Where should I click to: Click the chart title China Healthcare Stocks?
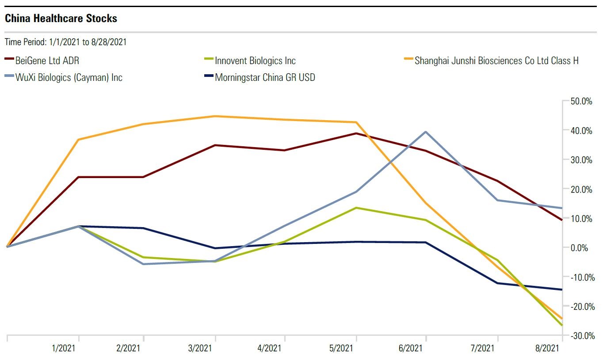pyautogui.click(x=61, y=19)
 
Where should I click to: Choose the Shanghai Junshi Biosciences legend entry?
pyautogui.click(x=496, y=61)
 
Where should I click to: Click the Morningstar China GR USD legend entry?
pyautogui.click(x=265, y=78)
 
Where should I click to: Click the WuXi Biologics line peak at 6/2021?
pyautogui.click(x=425, y=132)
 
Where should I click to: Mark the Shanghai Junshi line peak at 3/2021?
pyautogui.click(x=215, y=116)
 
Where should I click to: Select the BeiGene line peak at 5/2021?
pyautogui.click(x=356, y=133)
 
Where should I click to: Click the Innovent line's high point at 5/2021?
pyautogui.click(x=356, y=208)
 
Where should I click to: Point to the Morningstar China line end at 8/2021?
pyautogui.click(x=561, y=289)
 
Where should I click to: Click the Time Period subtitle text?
pyautogui.click(x=66, y=42)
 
